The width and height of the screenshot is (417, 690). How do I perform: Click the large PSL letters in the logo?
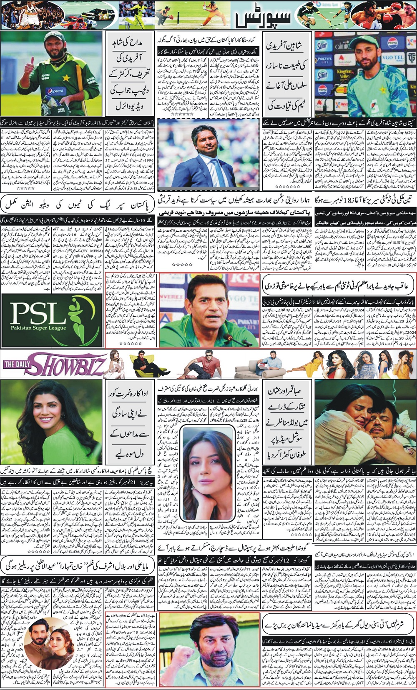point(38,313)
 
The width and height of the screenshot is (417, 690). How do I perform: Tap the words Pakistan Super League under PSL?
point(38,328)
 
